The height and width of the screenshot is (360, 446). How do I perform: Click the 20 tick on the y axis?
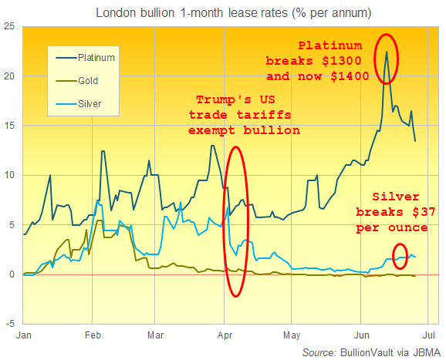click(x=10, y=76)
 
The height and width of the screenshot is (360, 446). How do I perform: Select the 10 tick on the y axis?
click(x=10, y=176)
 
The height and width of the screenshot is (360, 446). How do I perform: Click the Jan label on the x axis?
click(x=24, y=336)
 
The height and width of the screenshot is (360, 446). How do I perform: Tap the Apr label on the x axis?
click(x=225, y=336)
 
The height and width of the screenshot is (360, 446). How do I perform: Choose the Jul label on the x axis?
click(x=430, y=336)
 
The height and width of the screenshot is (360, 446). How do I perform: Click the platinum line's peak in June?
click(x=386, y=52)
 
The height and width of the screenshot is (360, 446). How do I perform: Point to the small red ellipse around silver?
click(x=399, y=256)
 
